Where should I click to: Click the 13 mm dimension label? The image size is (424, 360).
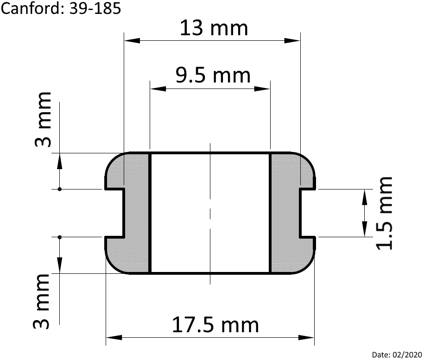coord(214,28)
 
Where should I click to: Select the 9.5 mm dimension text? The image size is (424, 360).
coord(213,76)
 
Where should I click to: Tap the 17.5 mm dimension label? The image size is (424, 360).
coord(215,325)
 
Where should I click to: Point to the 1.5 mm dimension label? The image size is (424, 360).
coord(384,213)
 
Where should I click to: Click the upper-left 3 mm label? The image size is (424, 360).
coord(43,120)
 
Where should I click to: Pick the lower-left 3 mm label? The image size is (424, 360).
coord(41,302)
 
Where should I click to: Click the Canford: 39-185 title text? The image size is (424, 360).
coord(61,9)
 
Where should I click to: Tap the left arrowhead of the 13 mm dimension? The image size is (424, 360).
coord(132,41)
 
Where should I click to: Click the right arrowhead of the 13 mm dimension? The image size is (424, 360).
coord(292,41)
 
